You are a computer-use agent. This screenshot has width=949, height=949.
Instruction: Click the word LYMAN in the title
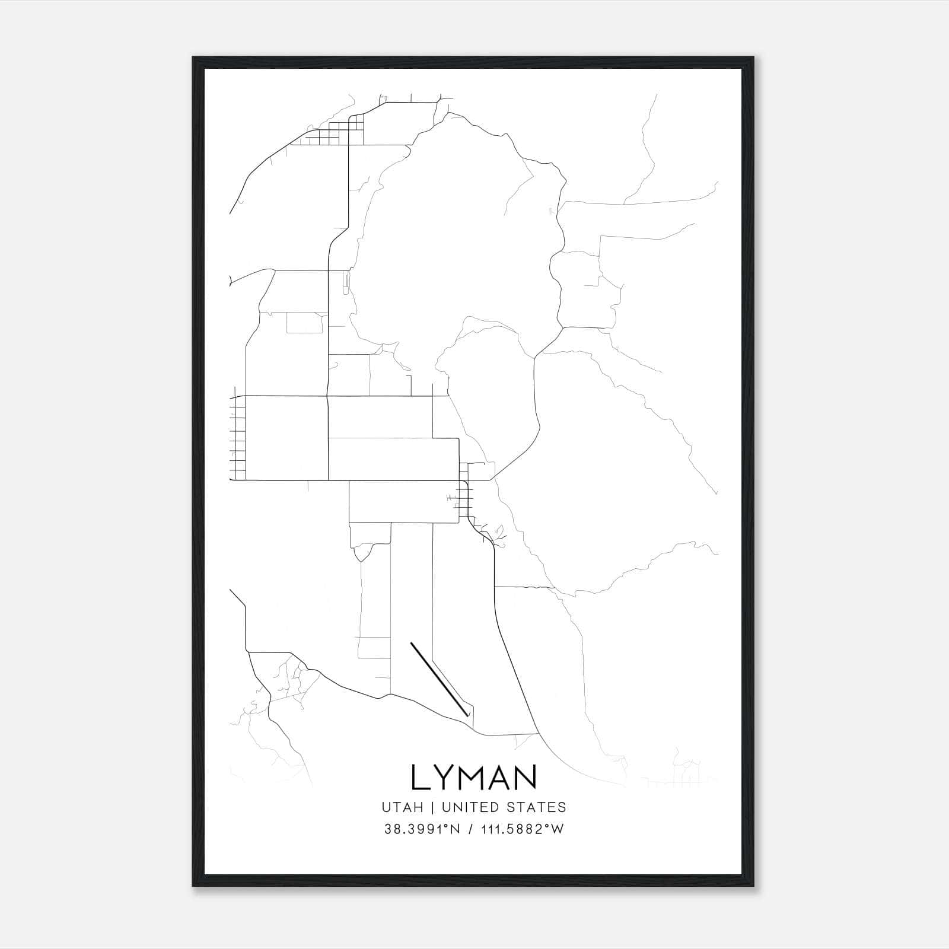click(473, 778)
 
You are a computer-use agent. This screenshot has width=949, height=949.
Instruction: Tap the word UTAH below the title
click(402, 807)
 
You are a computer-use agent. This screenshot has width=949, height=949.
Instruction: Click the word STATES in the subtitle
click(536, 807)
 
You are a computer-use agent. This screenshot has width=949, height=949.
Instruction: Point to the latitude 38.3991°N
click(422, 829)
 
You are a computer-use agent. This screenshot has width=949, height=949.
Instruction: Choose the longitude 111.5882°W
click(522, 829)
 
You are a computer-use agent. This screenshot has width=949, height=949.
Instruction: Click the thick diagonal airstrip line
click(439, 676)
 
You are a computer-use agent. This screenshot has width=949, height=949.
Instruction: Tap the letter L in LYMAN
click(421, 778)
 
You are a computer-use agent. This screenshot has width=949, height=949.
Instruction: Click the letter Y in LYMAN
click(444, 778)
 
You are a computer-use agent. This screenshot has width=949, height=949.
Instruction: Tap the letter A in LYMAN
click(499, 778)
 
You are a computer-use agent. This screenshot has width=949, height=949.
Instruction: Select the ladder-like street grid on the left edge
click(237, 438)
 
